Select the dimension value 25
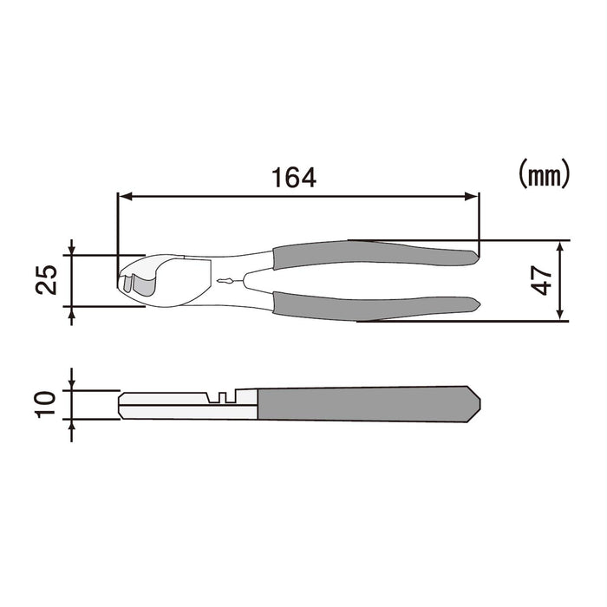coord(49,279)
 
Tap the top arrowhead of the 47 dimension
coord(561,245)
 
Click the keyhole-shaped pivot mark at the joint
coord(225,280)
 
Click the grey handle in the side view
coord(364,404)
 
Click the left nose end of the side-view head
coord(121,404)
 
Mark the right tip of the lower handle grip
coord(477,303)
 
